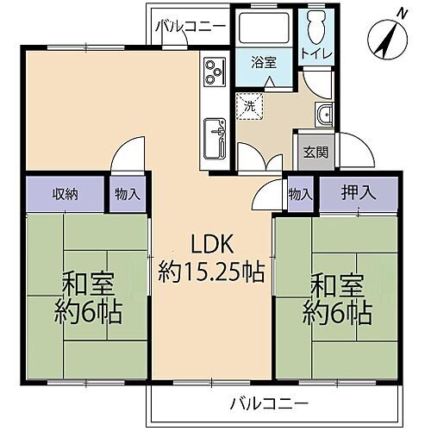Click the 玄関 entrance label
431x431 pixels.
(x=315, y=153)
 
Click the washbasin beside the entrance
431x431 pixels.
(x=324, y=115)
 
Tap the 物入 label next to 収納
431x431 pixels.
(x=127, y=194)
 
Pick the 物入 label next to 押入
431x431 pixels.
(x=301, y=194)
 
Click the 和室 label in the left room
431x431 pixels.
(x=84, y=284)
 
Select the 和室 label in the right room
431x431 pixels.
(x=336, y=284)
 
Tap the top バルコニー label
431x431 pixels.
(x=191, y=27)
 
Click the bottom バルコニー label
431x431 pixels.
(x=269, y=402)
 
